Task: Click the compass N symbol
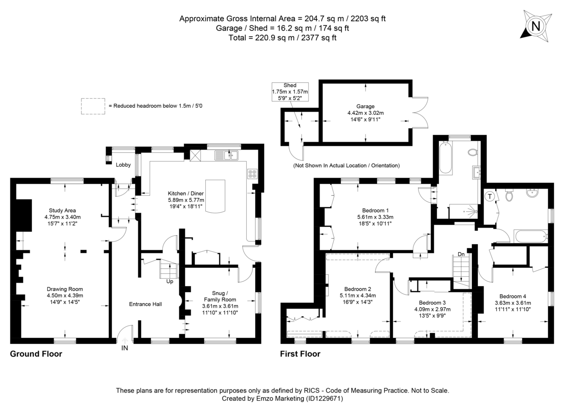pos(535,26)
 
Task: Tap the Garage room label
pos(365,106)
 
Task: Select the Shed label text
pos(290,85)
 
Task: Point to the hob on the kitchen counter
pos(252,174)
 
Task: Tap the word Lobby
pos(123,165)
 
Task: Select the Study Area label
pos(63,210)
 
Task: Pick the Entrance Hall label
pos(145,304)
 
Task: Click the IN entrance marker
pos(124,348)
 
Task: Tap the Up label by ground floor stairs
pos(169,281)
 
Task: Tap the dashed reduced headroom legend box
pos(92,106)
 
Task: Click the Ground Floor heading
pos(36,354)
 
